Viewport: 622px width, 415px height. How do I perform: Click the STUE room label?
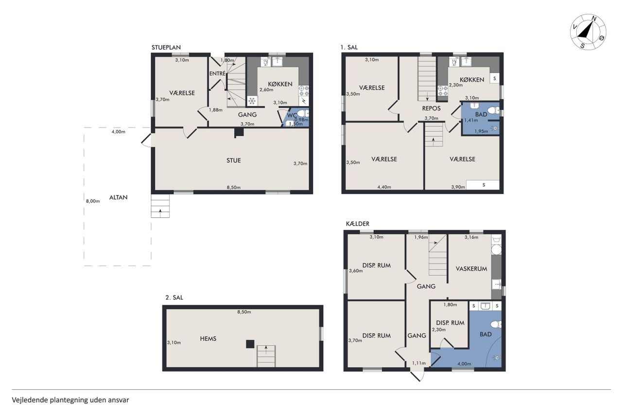[234, 161]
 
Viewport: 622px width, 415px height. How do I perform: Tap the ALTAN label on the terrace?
[118, 198]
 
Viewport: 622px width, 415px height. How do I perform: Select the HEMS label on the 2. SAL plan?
[208, 339]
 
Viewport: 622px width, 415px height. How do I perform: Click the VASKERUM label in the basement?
[471, 269]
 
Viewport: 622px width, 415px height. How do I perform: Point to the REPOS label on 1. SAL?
[431, 108]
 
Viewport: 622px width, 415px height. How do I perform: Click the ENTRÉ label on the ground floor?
[217, 73]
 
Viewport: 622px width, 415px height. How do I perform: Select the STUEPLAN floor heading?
[166, 48]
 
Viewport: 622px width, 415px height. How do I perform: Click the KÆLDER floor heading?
[358, 224]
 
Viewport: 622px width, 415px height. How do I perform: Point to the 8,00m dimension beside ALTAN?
[93, 201]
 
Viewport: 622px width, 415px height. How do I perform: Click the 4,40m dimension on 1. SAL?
[384, 187]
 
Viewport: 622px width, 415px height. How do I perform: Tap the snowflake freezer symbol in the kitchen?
[252, 101]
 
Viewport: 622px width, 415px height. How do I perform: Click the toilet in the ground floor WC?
[302, 113]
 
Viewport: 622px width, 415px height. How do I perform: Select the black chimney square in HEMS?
[250, 344]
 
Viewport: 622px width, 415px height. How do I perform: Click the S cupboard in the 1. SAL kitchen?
[495, 79]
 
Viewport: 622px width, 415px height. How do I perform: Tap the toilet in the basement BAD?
[496, 325]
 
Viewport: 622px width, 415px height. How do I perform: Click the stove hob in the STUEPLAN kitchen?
[304, 90]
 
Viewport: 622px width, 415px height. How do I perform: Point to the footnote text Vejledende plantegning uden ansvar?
[70, 400]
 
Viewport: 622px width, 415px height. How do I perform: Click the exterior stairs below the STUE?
[160, 206]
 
